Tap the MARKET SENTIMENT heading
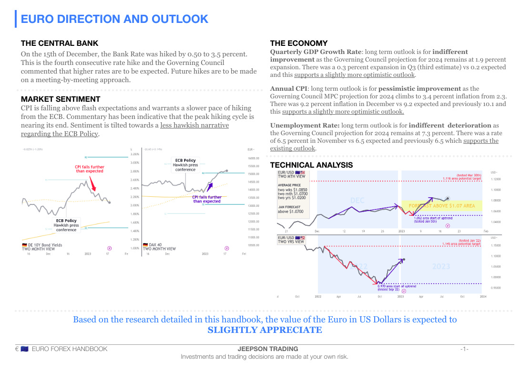pos(61,99)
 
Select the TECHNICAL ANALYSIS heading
pos(311,165)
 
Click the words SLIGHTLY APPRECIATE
pos(265,330)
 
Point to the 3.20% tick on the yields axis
pos(134,154)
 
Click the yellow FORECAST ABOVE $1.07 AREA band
pos(442,205)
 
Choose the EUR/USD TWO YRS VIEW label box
pos(291,239)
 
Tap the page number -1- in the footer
pos(464,349)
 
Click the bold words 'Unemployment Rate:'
pos(305,125)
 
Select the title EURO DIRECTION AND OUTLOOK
pos(115,19)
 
